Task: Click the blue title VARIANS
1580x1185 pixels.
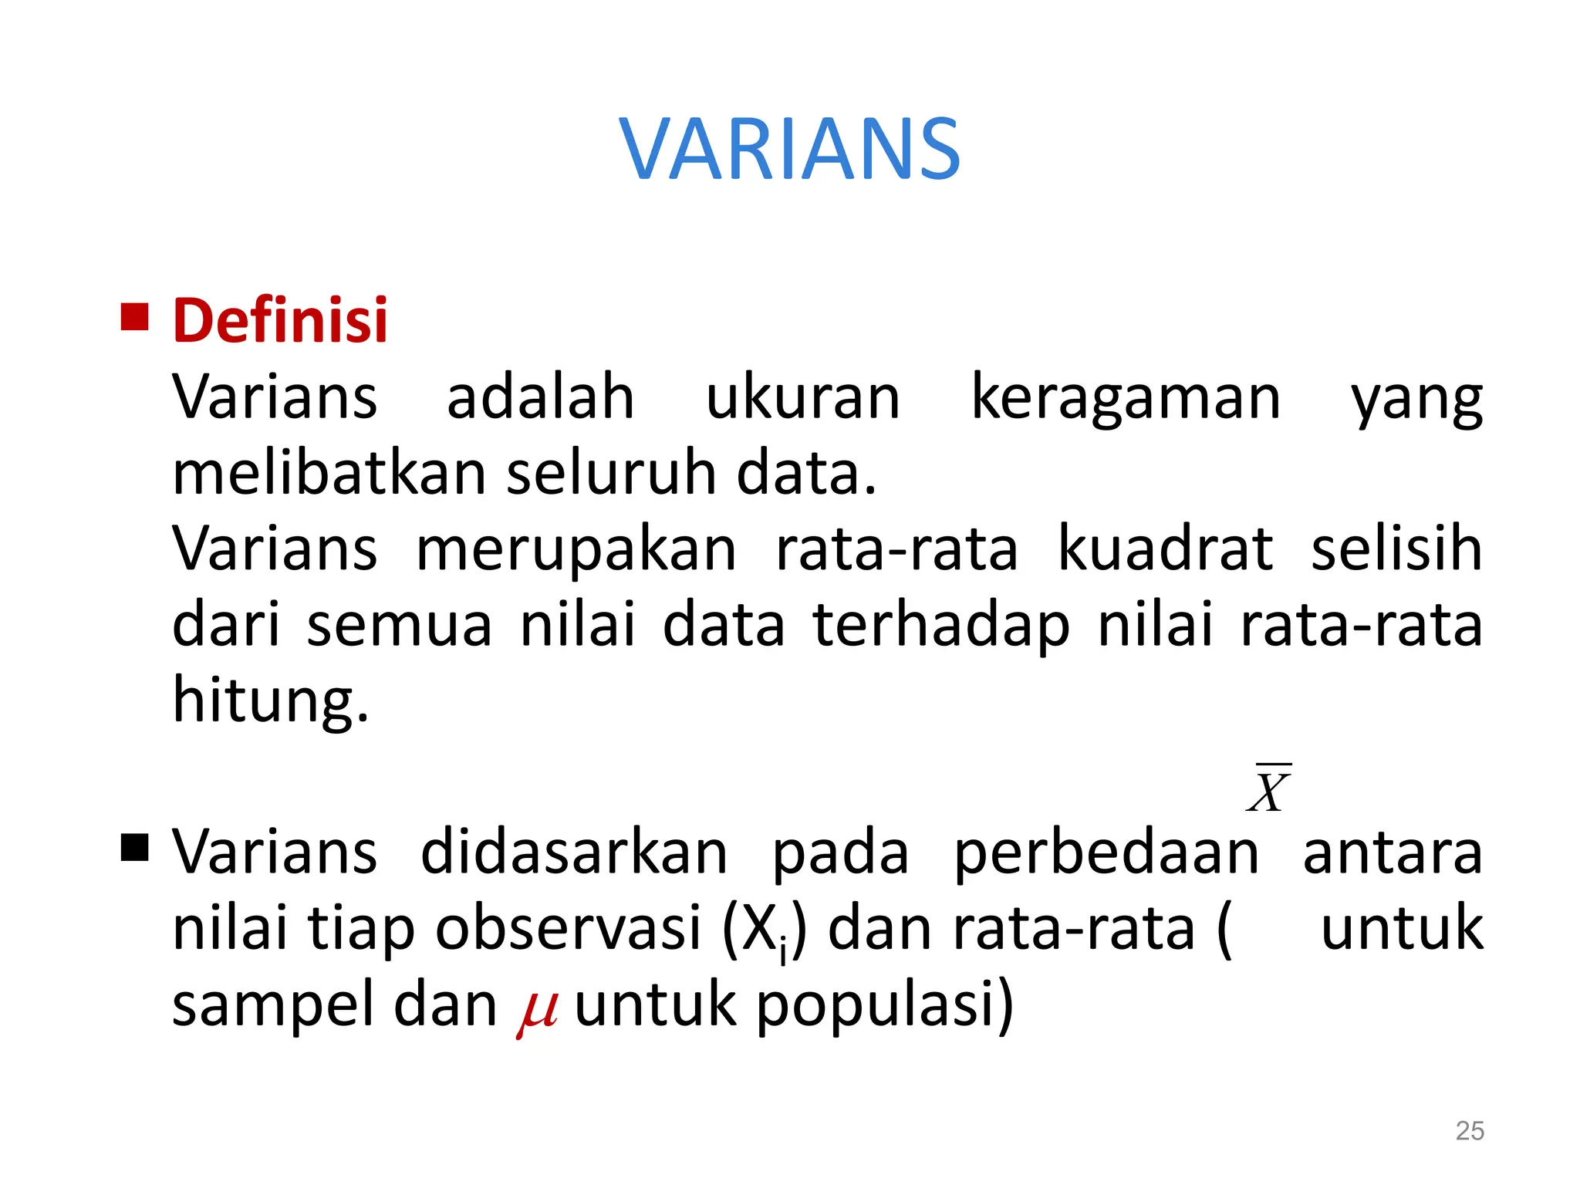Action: pyautogui.click(x=789, y=149)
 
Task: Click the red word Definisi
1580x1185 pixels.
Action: pyautogui.click(x=280, y=320)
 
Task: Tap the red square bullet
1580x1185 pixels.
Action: pyautogui.click(x=134, y=316)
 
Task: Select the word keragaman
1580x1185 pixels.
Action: pyautogui.click(x=1126, y=397)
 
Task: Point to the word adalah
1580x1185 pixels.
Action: pyautogui.click(x=540, y=397)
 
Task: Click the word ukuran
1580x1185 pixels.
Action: pyautogui.click(x=802, y=397)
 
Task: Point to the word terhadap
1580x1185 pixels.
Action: pyautogui.click(x=941, y=625)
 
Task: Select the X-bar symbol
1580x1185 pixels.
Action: pyautogui.click(x=1268, y=789)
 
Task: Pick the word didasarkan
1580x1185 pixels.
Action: pyautogui.click(x=574, y=852)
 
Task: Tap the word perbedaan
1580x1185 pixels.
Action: pyautogui.click(x=1106, y=852)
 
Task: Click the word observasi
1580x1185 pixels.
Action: pyautogui.click(x=568, y=928)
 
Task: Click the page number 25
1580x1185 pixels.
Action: pyautogui.click(x=1469, y=1130)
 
